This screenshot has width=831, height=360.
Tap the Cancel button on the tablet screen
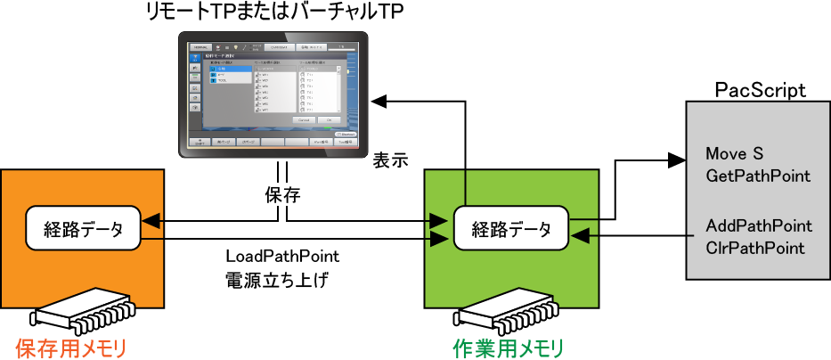tap(304, 119)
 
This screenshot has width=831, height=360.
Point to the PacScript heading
tap(761, 90)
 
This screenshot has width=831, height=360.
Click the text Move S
tap(735, 154)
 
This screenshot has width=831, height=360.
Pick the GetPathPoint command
tap(757, 176)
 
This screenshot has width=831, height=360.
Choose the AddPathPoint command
tap(758, 225)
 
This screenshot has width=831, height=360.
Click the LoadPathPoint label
tap(282, 257)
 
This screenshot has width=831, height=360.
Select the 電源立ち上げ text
tap(278, 280)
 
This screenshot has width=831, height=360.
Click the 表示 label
tap(389, 161)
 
